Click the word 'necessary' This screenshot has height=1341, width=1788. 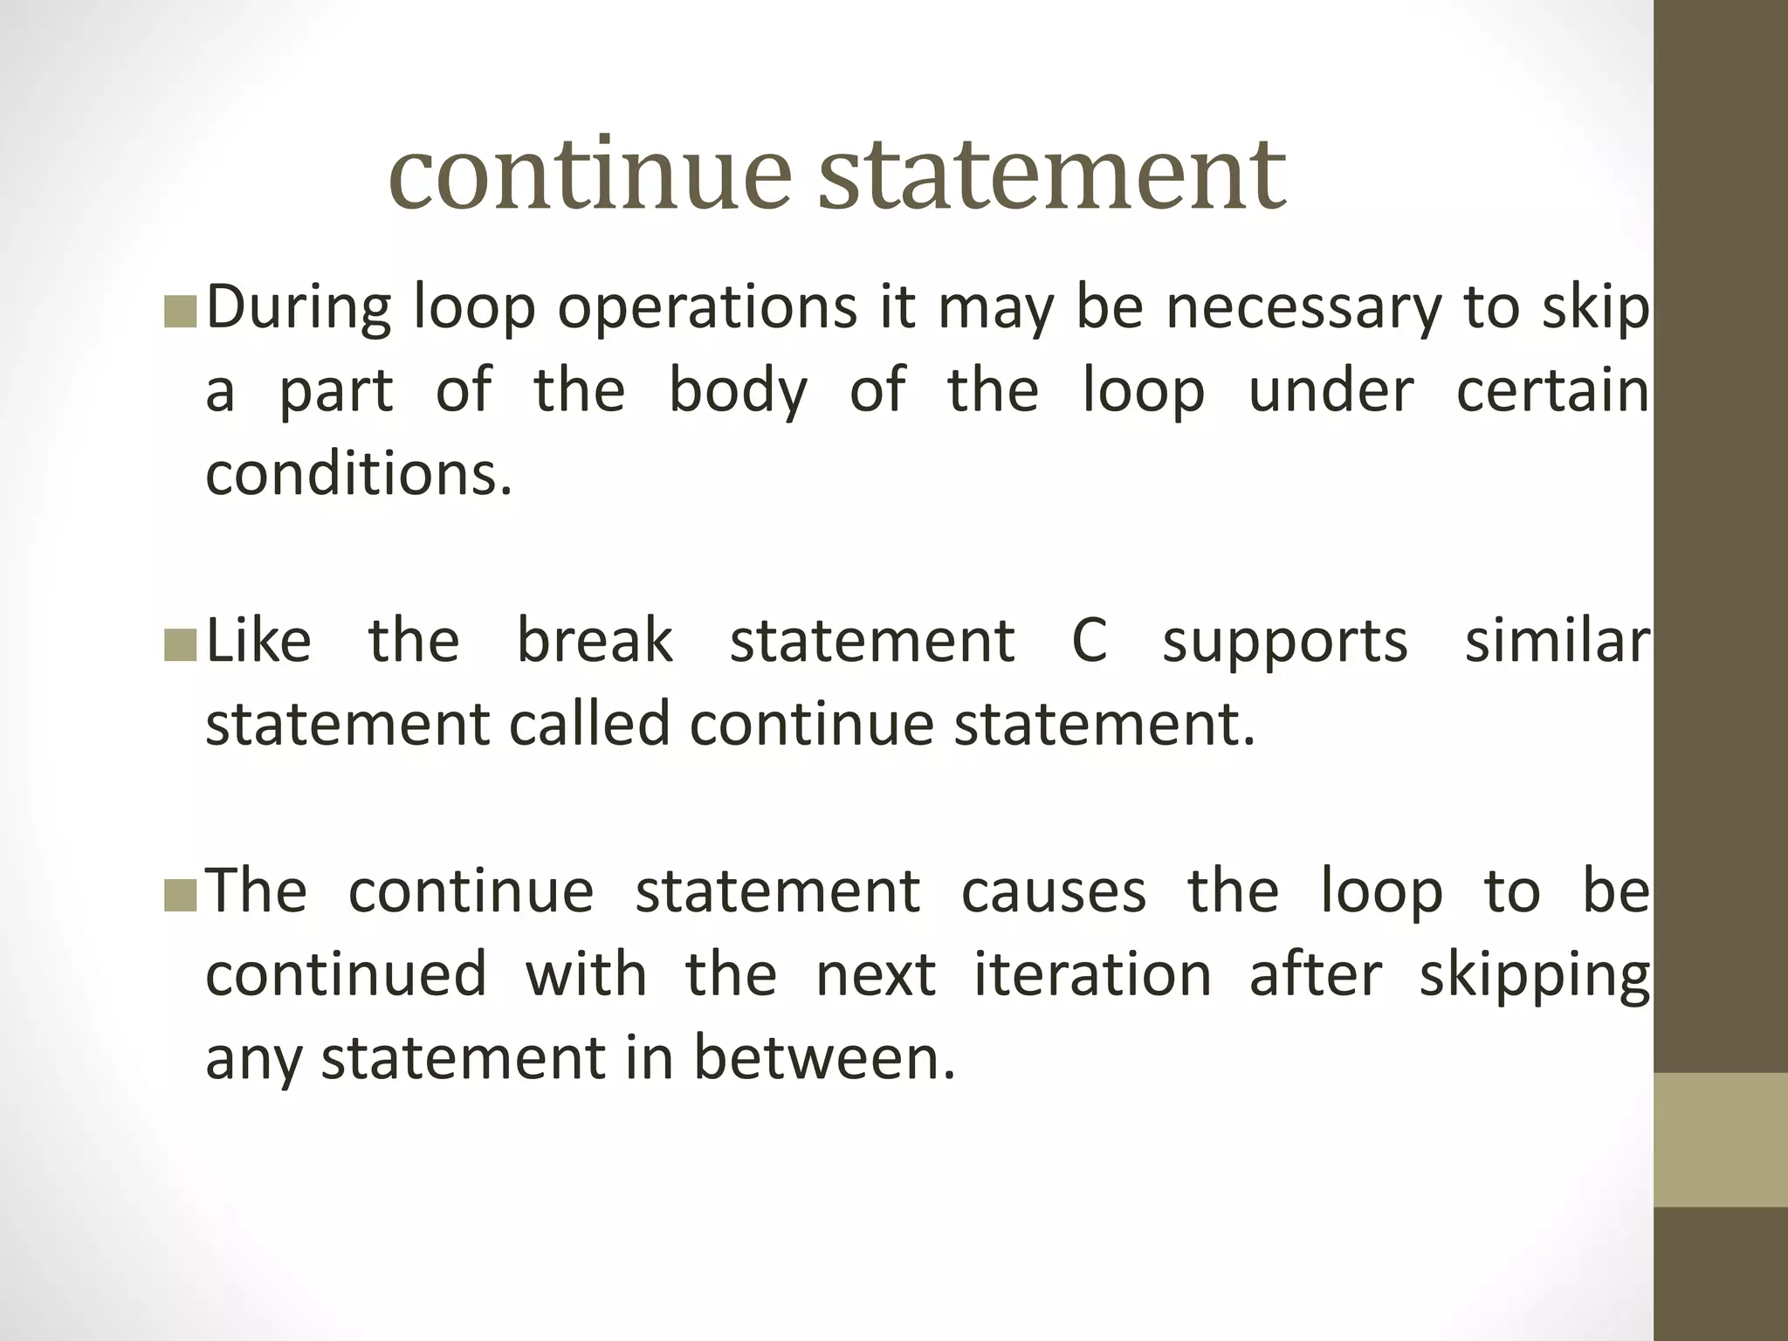[x=1303, y=309]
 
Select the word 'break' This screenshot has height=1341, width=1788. [x=595, y=641]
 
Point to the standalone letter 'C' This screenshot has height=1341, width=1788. [x=1089, y=641]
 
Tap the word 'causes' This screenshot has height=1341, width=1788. [x=1054, y=891]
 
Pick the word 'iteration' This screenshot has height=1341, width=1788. [x=1092, y=974]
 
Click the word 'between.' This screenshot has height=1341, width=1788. [x=825, y=1057]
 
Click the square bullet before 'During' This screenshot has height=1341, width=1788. [x=181, y=311]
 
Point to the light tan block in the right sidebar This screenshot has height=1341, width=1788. [x=1721, y=1140]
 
